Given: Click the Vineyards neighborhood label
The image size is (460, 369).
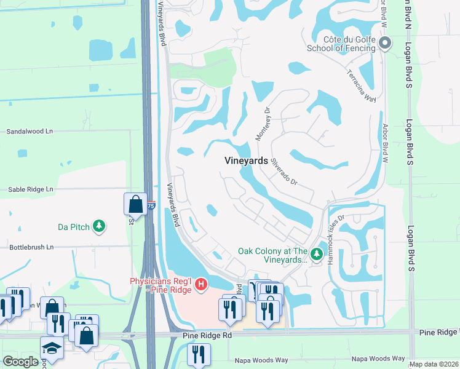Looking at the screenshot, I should coord(246,161).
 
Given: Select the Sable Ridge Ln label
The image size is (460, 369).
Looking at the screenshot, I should coord(31,189).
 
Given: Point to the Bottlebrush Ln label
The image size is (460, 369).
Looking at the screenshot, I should coord(31,247).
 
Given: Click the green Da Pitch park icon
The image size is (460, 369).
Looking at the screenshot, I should coord(98,227).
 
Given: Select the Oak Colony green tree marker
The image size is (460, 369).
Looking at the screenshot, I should coord(317,254).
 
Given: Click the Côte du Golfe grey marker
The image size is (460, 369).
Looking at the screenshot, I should coord(385,43).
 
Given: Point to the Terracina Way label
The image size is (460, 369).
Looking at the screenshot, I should coord(361,86).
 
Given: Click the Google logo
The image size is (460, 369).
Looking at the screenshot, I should coord(20,362).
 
